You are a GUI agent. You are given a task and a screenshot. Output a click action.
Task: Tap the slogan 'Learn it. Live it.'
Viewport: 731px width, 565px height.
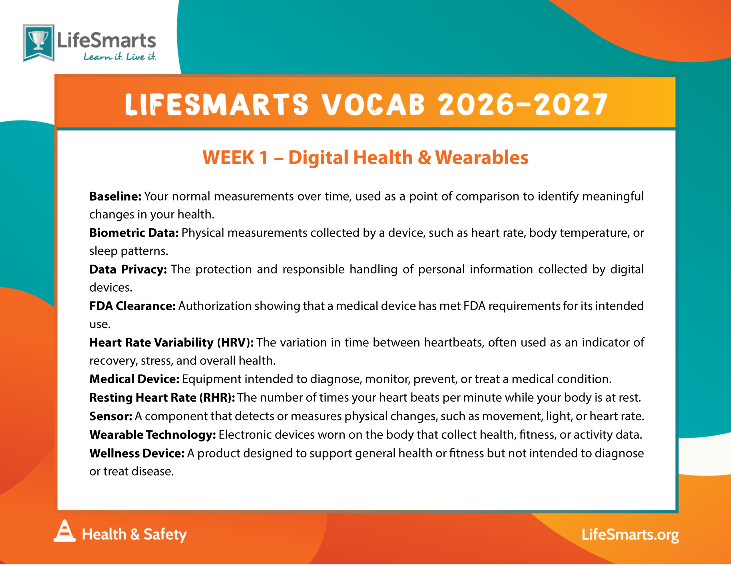[120, 57]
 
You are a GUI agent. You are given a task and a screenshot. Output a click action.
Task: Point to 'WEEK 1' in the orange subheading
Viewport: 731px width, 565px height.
[235, 157]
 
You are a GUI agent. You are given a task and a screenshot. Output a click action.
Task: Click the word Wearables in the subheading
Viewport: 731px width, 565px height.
[482, 157]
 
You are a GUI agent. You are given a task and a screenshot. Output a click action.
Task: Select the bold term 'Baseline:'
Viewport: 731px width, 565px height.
[115, 196]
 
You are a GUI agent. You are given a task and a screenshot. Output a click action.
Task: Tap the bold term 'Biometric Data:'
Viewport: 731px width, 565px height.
[134, 233]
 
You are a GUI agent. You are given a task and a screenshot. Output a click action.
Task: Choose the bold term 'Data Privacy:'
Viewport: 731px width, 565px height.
[128, 270]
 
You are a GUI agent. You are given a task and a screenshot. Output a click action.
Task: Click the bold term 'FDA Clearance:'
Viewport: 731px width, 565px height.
[132, 306]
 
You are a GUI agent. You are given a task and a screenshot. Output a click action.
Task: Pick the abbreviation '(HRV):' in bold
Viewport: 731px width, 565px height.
[235, 342]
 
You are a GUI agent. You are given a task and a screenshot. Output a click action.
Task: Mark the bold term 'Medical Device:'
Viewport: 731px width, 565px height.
[134, 379]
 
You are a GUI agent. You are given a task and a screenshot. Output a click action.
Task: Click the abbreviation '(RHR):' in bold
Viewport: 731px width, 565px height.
[217, 398]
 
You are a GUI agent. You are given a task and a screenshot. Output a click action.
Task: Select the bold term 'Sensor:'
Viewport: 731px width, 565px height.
[111, 416]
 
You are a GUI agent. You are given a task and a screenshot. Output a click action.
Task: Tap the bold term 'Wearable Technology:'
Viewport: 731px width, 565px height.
[153, 435]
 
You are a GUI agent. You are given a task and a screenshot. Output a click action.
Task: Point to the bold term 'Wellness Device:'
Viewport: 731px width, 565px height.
[137, 453]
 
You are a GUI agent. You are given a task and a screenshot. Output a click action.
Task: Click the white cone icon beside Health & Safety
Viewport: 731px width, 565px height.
[65, 530]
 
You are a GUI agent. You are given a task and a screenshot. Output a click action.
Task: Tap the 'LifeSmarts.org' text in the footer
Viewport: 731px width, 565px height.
[630, 535]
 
